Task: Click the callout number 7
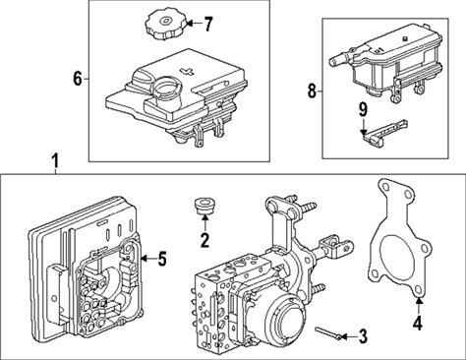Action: click(x=207, y=24)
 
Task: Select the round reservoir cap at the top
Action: click(x=166, y=24)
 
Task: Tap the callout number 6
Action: click(x=78, y=79)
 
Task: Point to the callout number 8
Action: click(x=312, y=90)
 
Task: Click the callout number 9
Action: click(x=363, y=111)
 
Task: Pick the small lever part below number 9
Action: click(x=384, y=133)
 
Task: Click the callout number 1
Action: click(x=56, y=161)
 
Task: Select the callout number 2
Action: click(x=204, y=240)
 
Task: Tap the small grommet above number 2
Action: click(x=204, y=205)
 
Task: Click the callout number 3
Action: click(x=363, y=336)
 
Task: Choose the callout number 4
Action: click(x=417, y=322)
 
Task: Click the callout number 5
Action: click(x=161, y=259)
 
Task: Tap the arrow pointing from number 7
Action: click(x=194, y=24)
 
